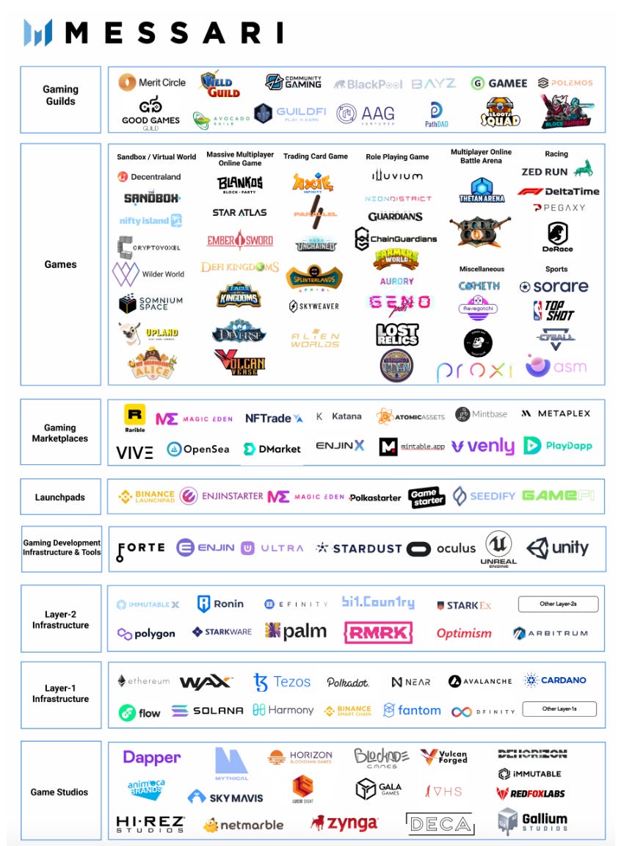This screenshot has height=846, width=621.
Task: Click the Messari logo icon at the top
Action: click(x=38, y=32)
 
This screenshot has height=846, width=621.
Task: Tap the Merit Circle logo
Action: click(x=152, y=82)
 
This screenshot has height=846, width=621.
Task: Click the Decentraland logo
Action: click(x=149, y=177)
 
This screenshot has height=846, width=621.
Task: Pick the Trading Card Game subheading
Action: click(x=316, y=156)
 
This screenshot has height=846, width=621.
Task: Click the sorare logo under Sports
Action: click(x=554, y=286)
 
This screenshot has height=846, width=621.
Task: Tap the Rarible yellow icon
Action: click(x=134, y=415)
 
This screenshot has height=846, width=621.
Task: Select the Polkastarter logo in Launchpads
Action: click(x=375, y=497)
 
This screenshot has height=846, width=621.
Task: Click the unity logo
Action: click(x=557, y=548)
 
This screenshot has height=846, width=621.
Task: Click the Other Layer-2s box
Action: click(x=558, y=604)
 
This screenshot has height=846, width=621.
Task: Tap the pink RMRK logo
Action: click(x=378, y=632)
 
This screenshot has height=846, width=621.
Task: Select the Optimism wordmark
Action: click(x=464, y=633)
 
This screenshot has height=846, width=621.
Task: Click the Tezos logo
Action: click(x=282, y=681)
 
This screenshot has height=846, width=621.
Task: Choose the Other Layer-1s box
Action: click(x=559, y=709)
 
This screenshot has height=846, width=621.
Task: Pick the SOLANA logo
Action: click(x=207, y=711)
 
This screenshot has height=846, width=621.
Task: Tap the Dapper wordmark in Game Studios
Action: click(x=152, y=758)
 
